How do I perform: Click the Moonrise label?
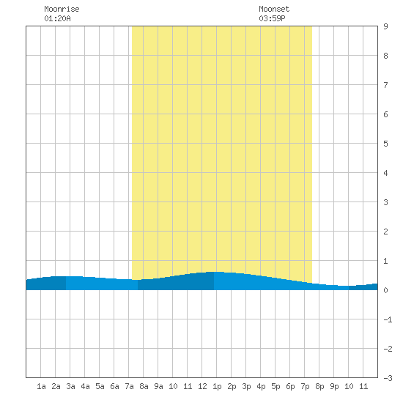pyautogui.click(x=62, y=9)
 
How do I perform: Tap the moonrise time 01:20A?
pyautogui.click(x=57, y=18)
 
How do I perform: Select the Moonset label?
pyautogui.click(x=274, y=9)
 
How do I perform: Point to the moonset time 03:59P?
pyautogui.click(x=272, y=18)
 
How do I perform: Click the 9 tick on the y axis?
pyautogui.click(x=385, y=26)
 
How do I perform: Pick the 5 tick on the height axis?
pyautogui.click(x=385, y=144)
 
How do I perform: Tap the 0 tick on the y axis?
pyautogui.click(x=385, y=290)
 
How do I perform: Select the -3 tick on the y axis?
pyautogui.click(x=388, y=378)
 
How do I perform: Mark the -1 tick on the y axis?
pyautogui.click(x=388, y=319)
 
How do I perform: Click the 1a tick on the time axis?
pyautogui.click(x=41, y=386)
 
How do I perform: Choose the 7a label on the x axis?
pyautogui.click(x=129, y=386)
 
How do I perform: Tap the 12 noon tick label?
pyautogui.click(x=202, y=386)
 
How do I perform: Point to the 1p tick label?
pyautogui.click(x=217, y=386)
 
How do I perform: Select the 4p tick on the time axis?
pyautogui.click(x=261, y=386)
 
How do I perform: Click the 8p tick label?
pyautogui.click(x=319, y=386)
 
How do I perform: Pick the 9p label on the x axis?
pyautogui.click(x=334, y=386)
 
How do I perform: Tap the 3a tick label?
pyautogui.click(x=70, y=386)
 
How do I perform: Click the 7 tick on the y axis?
pyautogui.click(x=385, y=85)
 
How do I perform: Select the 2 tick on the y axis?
pyautogui.click(x=385, y=232)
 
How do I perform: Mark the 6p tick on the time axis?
pyautogui.click(x=290, y=386)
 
